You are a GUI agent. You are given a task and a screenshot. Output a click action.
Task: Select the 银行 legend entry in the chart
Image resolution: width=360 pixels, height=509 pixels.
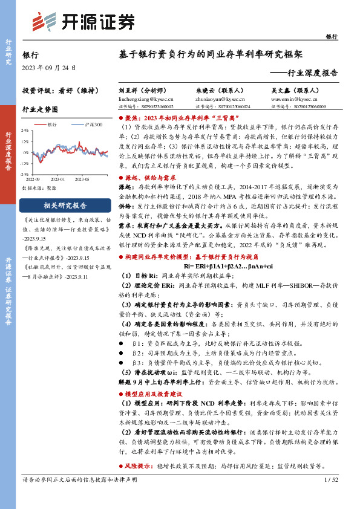pos(51,124)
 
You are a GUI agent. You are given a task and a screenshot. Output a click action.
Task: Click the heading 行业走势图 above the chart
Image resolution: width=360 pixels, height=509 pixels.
pos(40,109)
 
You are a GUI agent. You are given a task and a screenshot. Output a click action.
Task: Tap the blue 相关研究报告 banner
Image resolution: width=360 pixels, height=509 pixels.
pos(59,205)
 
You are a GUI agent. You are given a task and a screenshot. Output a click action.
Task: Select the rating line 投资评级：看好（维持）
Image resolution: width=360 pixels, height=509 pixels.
pos(59,90)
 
